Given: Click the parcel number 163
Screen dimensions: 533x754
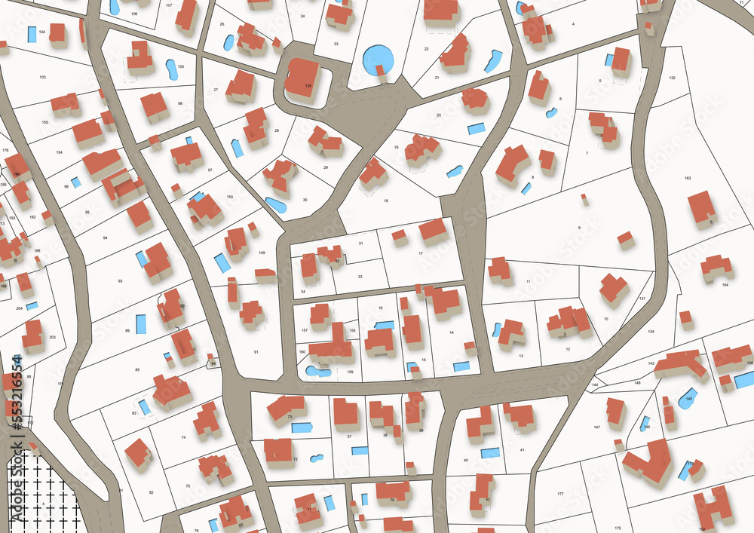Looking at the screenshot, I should coord(687,178).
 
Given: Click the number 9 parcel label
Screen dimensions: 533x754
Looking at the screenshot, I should coord(579,228).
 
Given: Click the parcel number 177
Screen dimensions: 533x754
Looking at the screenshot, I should coord(560,494).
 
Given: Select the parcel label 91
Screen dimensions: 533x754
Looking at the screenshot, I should coord(256,352).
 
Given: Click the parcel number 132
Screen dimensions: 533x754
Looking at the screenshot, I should coord(671,78).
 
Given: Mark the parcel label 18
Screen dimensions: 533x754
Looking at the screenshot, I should coord(385,201).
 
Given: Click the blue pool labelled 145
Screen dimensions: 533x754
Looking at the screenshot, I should coord(687,399).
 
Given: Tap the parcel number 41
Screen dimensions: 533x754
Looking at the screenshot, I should coord(522,450).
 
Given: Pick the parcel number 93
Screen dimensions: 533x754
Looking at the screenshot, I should coord(120,280).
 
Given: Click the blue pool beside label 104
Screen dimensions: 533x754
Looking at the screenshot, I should coord(32,34).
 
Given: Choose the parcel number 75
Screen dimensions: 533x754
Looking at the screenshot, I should coord(188,486).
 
